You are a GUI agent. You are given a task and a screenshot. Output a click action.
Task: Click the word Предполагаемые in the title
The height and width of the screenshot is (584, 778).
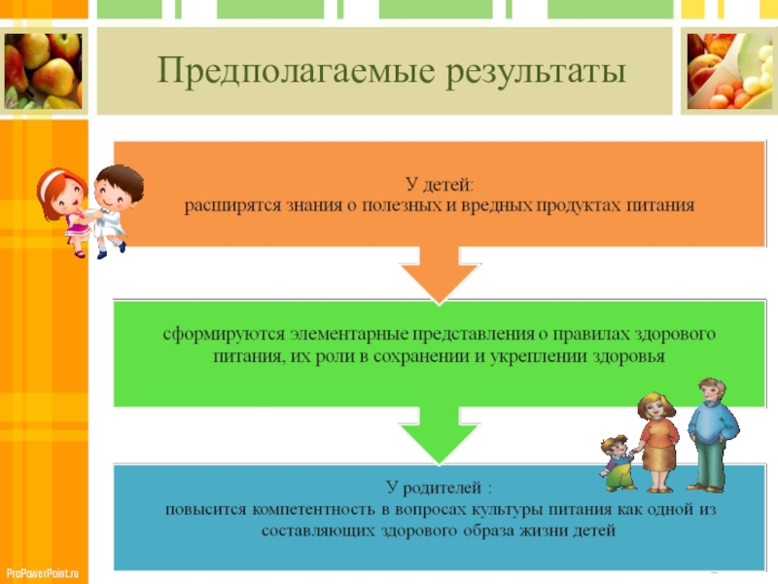[278, 71]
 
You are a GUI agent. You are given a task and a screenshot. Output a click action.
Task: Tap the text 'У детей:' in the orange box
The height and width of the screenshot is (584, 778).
[440, 184]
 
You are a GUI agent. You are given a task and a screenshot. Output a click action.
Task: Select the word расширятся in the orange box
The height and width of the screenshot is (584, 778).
[233, 205]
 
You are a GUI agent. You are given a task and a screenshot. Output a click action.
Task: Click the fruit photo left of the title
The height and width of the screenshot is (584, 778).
[43, 71]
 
